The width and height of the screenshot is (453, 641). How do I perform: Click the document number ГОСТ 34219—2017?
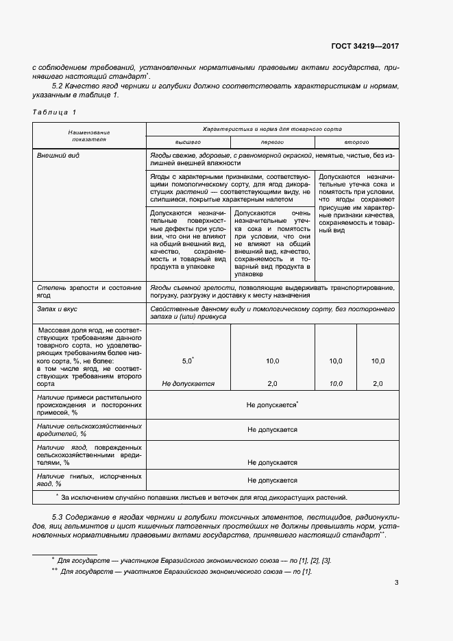365,47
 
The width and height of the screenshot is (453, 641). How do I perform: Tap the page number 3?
396,583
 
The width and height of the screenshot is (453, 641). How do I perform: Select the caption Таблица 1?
55,111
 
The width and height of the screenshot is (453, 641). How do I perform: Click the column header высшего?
188,142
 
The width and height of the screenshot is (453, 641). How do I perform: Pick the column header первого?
272,142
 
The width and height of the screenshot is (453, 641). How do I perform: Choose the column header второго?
356,142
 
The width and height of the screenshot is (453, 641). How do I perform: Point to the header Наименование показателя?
89,135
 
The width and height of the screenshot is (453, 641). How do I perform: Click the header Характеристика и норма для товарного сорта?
272,129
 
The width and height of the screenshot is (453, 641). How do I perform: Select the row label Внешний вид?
58,156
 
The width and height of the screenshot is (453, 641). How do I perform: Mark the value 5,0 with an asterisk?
188,361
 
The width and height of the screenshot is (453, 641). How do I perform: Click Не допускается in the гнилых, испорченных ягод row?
272,481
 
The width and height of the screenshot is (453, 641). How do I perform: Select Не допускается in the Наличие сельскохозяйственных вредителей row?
272,430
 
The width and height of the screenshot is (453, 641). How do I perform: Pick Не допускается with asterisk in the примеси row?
272,405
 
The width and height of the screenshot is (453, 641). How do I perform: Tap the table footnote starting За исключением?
204,498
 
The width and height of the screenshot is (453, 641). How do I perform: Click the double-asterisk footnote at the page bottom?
185,571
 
